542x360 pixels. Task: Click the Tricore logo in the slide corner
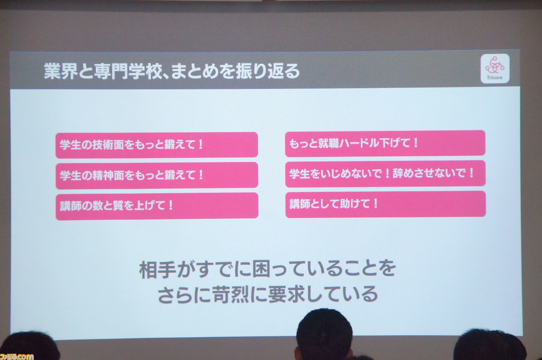[495, 69]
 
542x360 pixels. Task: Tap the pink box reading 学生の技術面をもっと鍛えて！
[157, 145]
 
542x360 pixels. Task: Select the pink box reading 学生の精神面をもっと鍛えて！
[157, 175]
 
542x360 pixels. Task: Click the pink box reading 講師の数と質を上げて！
[157, 206]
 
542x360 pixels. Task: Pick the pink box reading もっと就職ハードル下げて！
[385, 143]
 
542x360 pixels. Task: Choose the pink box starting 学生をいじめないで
[385, 174]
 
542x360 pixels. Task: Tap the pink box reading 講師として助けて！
[386, 204]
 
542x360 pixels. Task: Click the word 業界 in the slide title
[61, 71]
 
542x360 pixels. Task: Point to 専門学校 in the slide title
[127, 72]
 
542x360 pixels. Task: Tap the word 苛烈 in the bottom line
[231, 294]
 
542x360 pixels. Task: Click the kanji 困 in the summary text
[261, 269]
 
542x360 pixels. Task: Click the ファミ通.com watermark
[17, 356]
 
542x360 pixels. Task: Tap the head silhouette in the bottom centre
[324, 335]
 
